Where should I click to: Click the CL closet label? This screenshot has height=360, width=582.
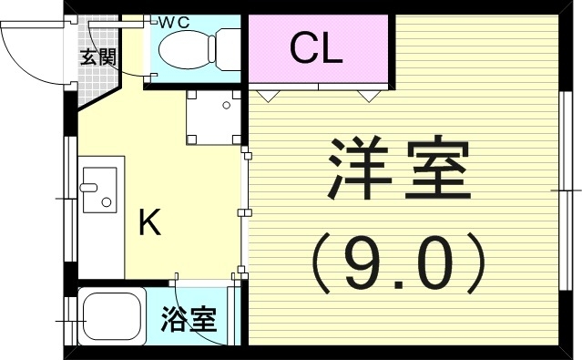316,48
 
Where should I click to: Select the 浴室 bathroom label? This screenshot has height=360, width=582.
189,320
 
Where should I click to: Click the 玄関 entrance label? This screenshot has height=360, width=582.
97,57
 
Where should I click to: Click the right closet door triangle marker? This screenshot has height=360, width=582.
366,93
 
